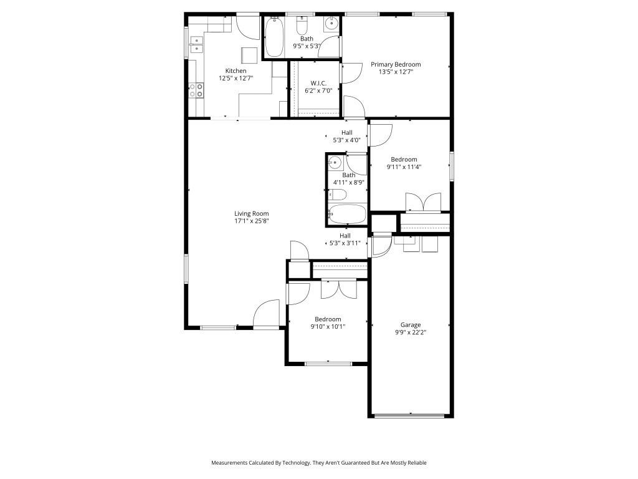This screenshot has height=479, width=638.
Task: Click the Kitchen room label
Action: click(236, 71)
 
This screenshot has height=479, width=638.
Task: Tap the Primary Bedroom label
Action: click(396, 64)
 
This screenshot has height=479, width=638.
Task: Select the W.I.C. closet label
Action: click(319, 83)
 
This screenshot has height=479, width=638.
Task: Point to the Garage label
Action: click(410, 324)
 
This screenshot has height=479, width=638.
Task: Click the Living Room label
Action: click(251, 213)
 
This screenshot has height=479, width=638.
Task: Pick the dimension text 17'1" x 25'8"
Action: click(251, 221)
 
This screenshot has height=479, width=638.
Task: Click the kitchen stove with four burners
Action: click(197, 90)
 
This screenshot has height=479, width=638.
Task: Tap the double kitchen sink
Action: click(198, 44)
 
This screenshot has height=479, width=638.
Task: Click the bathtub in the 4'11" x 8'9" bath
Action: click(346, 214)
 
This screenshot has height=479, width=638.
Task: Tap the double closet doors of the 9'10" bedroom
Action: click(338, 288)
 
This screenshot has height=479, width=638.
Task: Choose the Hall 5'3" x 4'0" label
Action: click(346, 136)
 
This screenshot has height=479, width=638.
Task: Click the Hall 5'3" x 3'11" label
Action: click(345, 239)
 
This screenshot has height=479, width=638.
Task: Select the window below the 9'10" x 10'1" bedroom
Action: click(328, 363)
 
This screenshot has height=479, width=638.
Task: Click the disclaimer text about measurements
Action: click(319, 463)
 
